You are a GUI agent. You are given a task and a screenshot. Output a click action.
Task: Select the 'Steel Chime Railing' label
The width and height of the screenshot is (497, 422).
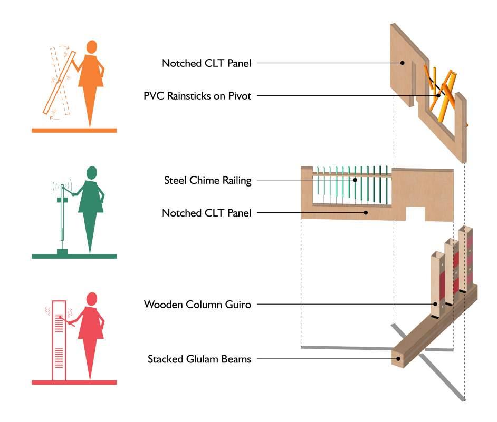pyautogui.click(x=207, y=180)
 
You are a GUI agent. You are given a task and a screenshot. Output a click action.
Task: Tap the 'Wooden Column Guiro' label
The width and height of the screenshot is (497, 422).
pyautogui.click(x=197, y=304)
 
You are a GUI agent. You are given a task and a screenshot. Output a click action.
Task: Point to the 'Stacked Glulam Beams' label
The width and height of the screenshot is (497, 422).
pyautogui.click(x=199, y=360)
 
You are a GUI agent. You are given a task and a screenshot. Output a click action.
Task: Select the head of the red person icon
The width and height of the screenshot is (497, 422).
pyautogui.click(x=92, y=299)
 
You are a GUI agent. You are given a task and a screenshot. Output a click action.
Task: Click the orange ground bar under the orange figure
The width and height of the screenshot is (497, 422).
pyautogui.click(x=74, y=130)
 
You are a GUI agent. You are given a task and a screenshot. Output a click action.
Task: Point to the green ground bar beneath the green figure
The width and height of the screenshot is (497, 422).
pyautogui.click(x=74, y=256)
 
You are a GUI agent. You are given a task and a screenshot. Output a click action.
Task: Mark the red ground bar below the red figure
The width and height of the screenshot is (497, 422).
pyautogui.click(x=74, y=382)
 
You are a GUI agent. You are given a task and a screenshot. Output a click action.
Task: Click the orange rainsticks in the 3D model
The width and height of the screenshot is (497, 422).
pyautogui.click(x=442, y=90)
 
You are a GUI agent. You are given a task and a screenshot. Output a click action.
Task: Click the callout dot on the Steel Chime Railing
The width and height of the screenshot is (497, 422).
pyautogui.click(x=355, y=180)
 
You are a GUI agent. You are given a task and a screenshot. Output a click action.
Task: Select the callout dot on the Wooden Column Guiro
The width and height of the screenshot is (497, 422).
pyautogui.click(x=435, y=304)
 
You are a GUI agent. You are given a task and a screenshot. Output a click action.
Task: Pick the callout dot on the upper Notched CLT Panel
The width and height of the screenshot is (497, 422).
pyautogui.click(x=402, y=63)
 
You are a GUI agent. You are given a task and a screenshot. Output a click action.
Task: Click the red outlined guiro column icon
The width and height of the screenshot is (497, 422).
pyautogui.click(x=58, y=340)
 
